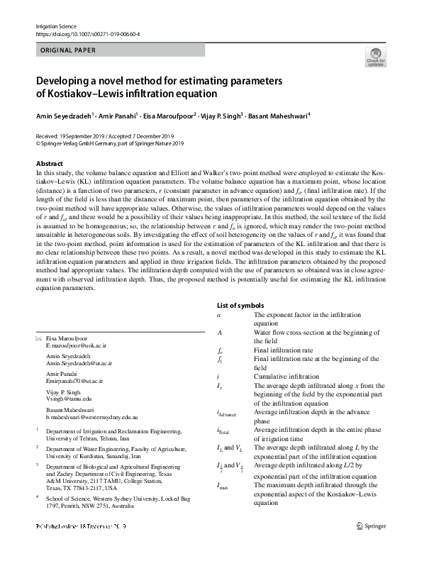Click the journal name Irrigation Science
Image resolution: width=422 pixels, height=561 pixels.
click(x=55, y=26)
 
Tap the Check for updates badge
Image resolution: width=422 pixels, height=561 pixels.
click(x=375, y=57)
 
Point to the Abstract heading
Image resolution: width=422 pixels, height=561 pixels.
click(x=50, y=164)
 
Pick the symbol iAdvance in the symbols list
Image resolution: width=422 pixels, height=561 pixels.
click(x=227, y=413)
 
